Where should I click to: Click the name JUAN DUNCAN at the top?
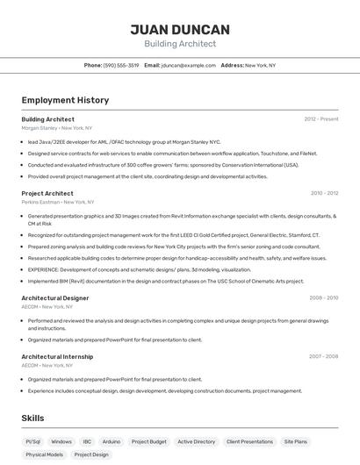180,29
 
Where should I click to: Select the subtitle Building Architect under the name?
180,44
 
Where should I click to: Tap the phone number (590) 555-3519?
121,65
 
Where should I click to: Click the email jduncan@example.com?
189,65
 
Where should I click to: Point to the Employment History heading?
65,100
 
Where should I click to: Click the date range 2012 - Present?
321,118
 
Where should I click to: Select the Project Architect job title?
47,193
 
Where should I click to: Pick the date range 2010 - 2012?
324,193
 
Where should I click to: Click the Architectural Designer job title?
55,298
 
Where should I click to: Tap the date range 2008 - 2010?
323,298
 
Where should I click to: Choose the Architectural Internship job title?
57,356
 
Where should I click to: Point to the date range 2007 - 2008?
323,356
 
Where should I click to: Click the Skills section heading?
32,418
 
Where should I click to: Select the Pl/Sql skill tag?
33,441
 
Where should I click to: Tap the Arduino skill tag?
112,441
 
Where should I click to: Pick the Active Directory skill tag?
196,441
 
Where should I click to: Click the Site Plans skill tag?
296,441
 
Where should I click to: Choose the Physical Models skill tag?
44,454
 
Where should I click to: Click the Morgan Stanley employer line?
57,128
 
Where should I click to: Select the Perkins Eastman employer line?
55,202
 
